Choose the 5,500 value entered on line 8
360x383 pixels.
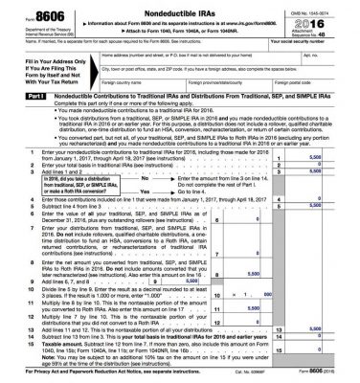coord(277,297)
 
